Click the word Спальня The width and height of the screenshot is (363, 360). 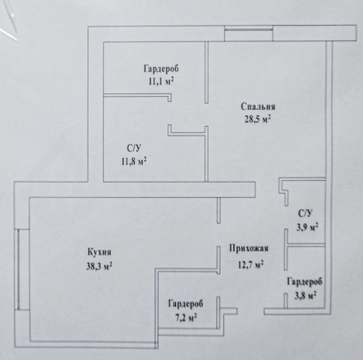point(258,107)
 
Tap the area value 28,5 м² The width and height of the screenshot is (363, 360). point(257,119)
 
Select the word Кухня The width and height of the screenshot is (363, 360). point(99,253)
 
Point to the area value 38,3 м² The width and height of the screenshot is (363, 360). point(99,267)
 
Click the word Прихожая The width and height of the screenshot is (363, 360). point(249,249)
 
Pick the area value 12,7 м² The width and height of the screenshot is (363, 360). point(251,265)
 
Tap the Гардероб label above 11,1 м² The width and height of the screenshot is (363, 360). point(161,69)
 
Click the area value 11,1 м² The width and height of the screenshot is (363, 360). point(161,81)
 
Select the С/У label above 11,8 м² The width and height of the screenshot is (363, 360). point(134,148)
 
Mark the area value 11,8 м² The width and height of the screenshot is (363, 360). point(134,162)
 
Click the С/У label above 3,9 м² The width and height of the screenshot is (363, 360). point(306,213)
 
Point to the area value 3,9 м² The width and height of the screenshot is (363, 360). point(307,228)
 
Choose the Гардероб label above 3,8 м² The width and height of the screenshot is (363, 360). point(305,282)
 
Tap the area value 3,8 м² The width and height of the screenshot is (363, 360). point(306,296)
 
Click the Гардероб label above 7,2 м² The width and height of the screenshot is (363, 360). point(185,304)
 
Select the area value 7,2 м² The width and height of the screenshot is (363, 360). point(185,317)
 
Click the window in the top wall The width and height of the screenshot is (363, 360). point(248,33)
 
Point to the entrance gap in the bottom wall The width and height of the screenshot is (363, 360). point(251,311)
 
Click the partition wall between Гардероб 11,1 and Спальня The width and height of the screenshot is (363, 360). point(207,72)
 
